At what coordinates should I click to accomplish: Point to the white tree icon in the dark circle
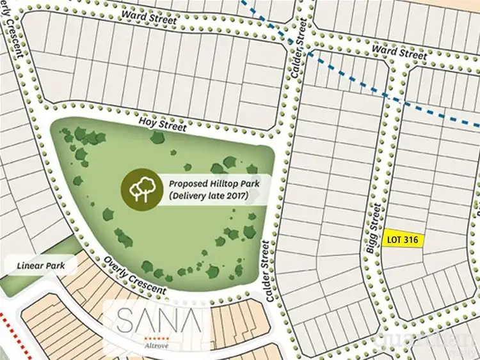[x=142, y=187]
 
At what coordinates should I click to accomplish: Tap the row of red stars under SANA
[x=157, y=336]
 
